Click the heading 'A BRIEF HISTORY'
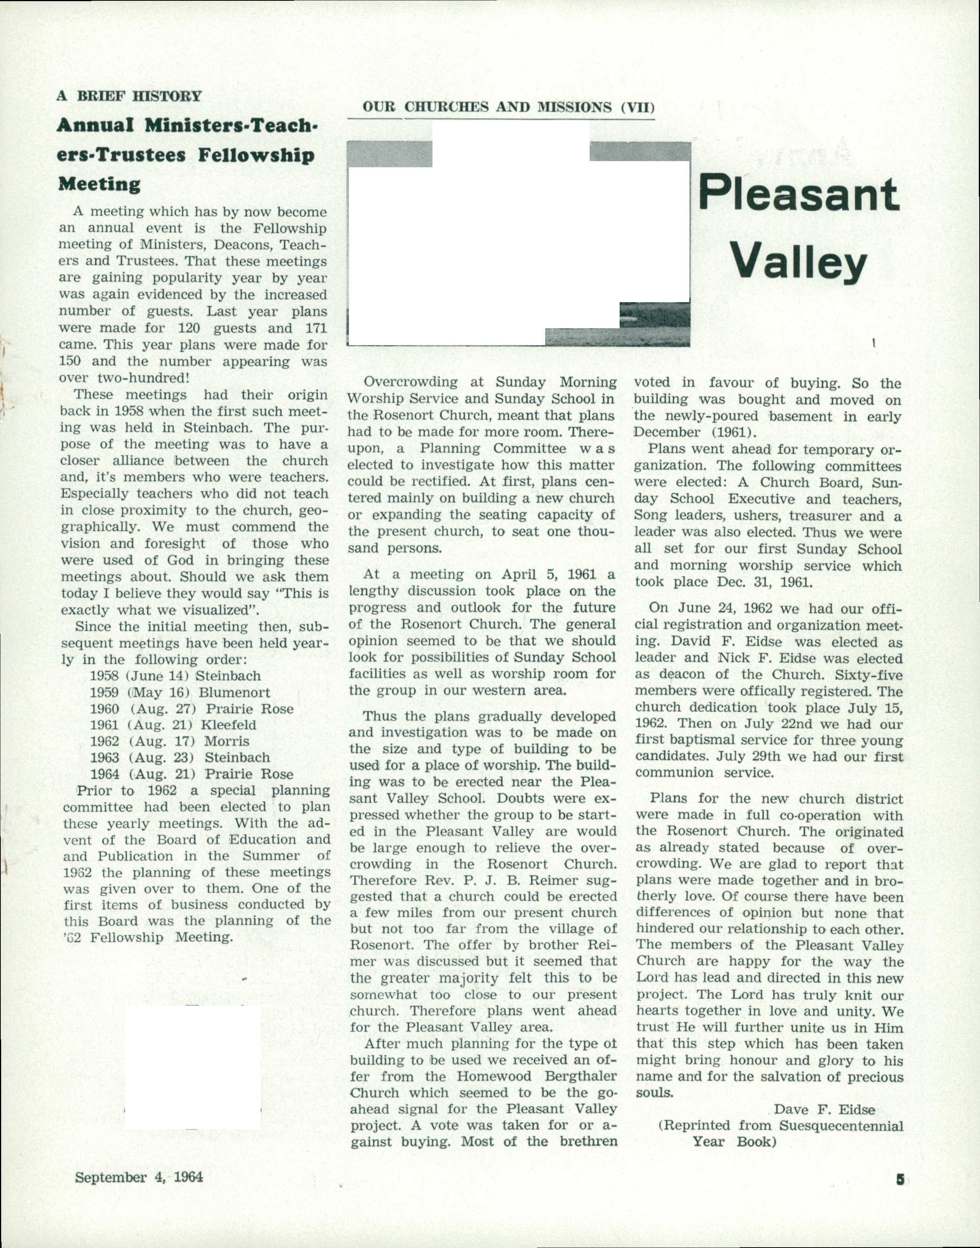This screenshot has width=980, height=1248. click(x=129, y=96)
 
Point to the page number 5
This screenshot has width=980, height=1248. click(x=899, y=1179)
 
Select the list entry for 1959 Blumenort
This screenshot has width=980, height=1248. click(x=179, y=693)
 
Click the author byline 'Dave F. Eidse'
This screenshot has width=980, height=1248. click(x=824, y=1110)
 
